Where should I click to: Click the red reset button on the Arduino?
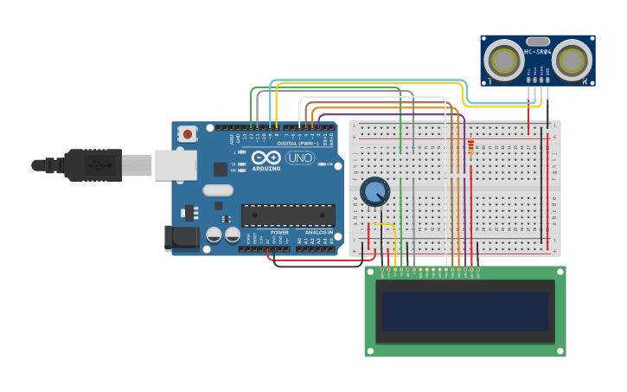coord(187,133)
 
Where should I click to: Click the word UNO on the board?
coord(299,157)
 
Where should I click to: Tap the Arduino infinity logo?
coord(266,157)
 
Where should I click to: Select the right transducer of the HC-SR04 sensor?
coord(572,60)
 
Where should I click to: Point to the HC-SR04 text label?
coord(537,52)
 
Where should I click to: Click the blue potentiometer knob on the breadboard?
coord(374,191)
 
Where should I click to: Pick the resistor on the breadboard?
coord(470,148)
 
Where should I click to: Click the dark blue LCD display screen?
coord(465,311)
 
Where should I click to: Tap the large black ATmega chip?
coord(288,215)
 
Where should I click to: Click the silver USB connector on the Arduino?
coord(176,164)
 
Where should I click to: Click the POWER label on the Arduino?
coord(279,232)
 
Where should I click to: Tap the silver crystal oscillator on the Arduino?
coord(218,190)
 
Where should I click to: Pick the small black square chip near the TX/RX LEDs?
coord(221,169)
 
